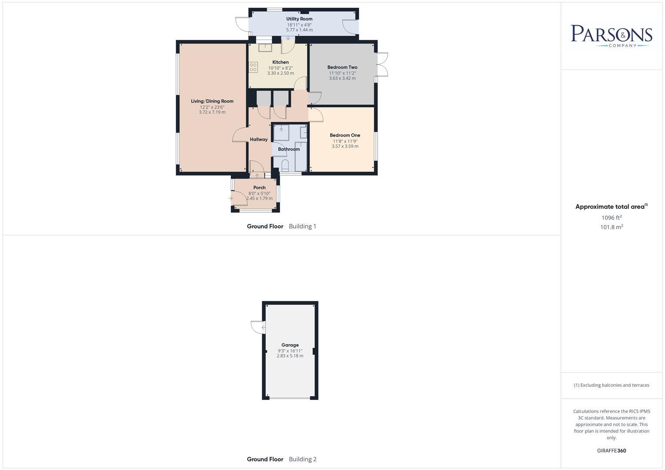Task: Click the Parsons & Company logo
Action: tap(611, 36)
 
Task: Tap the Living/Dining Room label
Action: tap(212, 101)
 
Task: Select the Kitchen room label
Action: tap(280, 62)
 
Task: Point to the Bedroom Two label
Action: tap(342, 67)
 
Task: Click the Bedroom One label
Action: tap(345, 135)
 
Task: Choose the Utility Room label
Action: tap(299, 19)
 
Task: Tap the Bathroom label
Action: tap(289, 149)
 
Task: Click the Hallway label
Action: tap(259, 140)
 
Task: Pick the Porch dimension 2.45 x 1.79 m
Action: tap(260, 198)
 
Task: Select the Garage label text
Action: tap(290, 345)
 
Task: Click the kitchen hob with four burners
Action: tap(253, 67)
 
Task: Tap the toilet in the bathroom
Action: tap(285, 165)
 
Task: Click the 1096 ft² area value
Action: tap(611, 218)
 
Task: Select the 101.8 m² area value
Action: tap(611, 227)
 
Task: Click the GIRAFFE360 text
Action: tap(611, 451)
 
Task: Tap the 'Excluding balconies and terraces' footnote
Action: tap(611, 385)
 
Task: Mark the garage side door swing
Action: tap(258, 327)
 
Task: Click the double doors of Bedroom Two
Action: tap(382, 65)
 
